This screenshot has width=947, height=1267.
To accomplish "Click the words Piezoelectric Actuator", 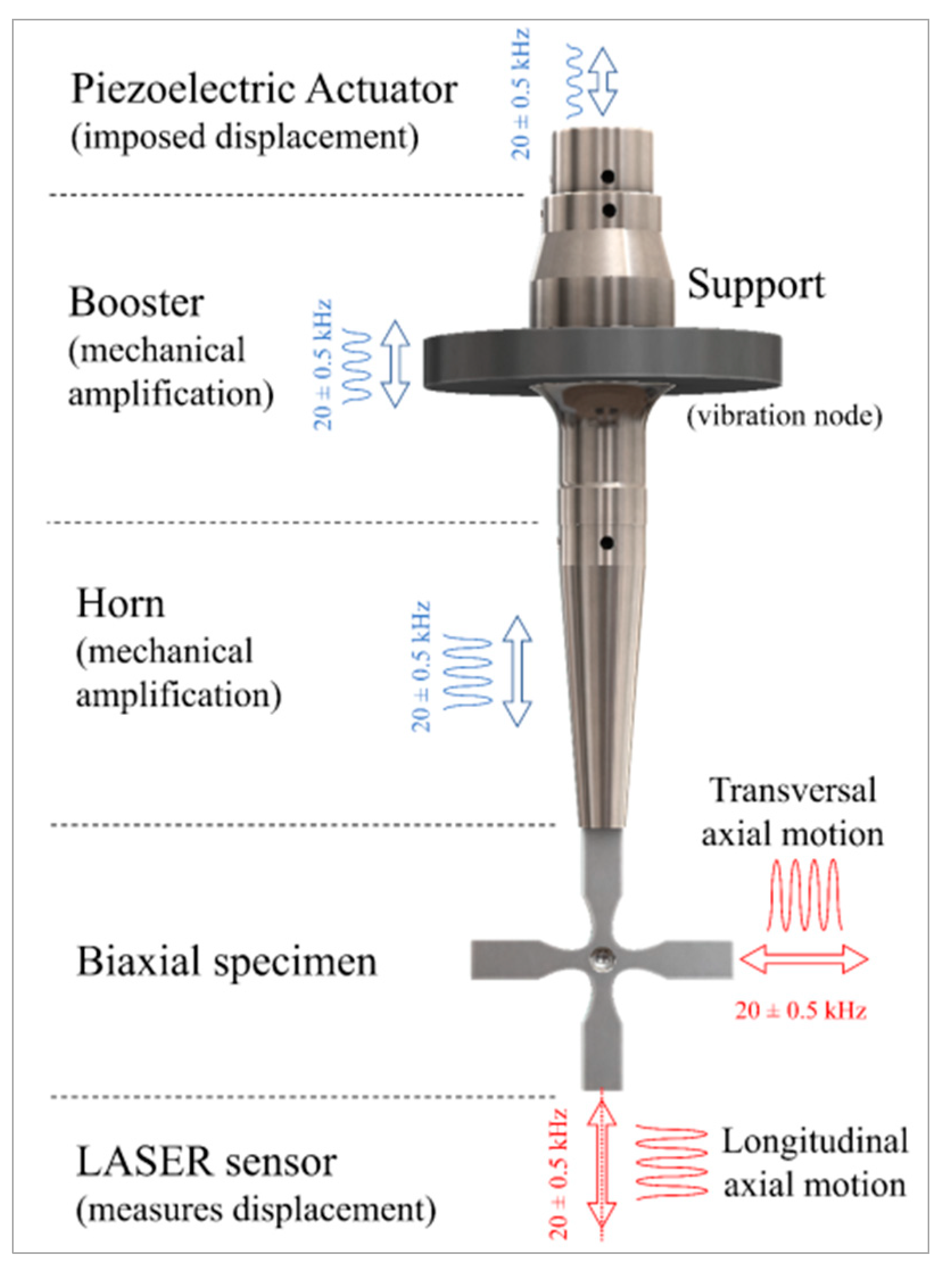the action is (263, 90).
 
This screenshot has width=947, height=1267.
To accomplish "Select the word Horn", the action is (121, 604).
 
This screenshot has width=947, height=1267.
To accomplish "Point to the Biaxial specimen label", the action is (226, 961).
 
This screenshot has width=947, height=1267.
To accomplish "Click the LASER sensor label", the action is (206, 1162).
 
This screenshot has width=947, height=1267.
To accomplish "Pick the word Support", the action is (756, 285).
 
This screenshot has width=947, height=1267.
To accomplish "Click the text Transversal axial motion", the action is (793, 812).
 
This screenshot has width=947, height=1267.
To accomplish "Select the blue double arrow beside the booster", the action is (395, 365).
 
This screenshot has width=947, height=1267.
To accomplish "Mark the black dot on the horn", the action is (608, 542).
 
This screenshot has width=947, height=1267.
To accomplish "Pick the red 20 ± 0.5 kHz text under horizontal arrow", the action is (800, 1011).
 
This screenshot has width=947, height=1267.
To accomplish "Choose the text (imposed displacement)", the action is (245, 138).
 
